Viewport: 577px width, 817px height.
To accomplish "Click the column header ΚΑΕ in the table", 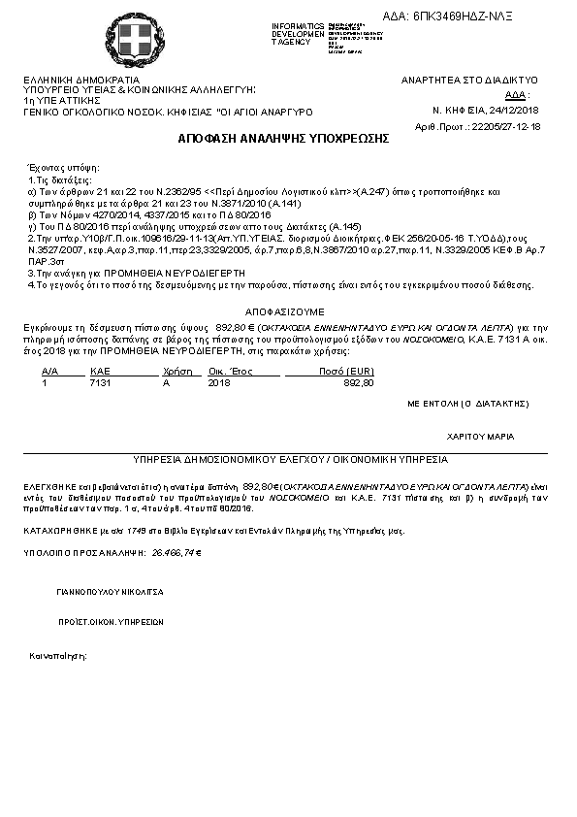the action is [100, 371].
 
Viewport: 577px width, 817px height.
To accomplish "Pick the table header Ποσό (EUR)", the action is [346, 371].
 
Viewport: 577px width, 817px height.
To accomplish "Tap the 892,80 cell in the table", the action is [358, 383].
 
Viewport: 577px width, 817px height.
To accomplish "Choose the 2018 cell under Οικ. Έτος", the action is [219, 383].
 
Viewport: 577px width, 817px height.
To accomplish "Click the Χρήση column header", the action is [175, 371].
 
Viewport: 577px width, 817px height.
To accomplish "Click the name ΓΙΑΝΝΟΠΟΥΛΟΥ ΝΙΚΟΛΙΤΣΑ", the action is [110, 590].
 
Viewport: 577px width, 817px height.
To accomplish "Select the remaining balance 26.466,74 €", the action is [175, 552].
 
